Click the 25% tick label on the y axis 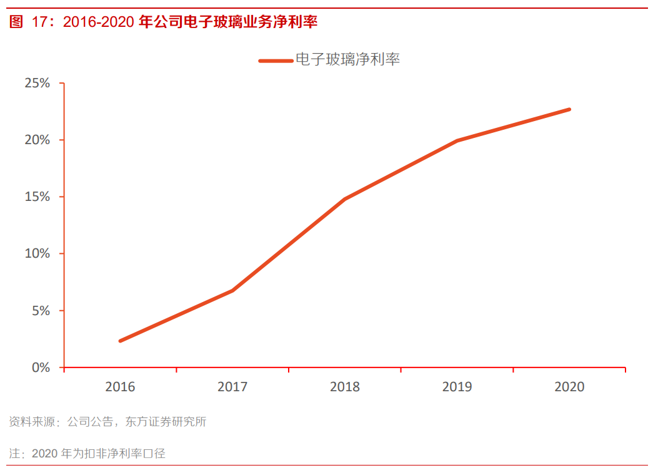click(x=37, y=83)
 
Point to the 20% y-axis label click(x=37, y=140)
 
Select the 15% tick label click(x=37, y=197)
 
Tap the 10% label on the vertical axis click(x=37, y=253)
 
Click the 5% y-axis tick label click(x=41, y=310)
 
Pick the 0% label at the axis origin click(x=41, y=368)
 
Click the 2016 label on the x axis click(x=120, y=387)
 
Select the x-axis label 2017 click(x=232, y=387)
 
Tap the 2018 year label click(x=345, y=387)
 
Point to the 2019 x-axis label click(x=457, y=387)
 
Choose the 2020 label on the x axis click(x=569, y=387)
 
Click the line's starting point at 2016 click(x=120, y=341)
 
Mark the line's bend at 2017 click(x=232, y=290)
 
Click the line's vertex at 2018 click(x=345, y=199)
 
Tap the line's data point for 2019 click(x=457, y=140)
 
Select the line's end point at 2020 click(x=569, y=109)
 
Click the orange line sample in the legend click(x=276, y=61)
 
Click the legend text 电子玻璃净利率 click(x=347, y=60)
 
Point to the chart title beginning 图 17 click(x=164, y=22)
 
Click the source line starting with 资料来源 click(x=107, y=422)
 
